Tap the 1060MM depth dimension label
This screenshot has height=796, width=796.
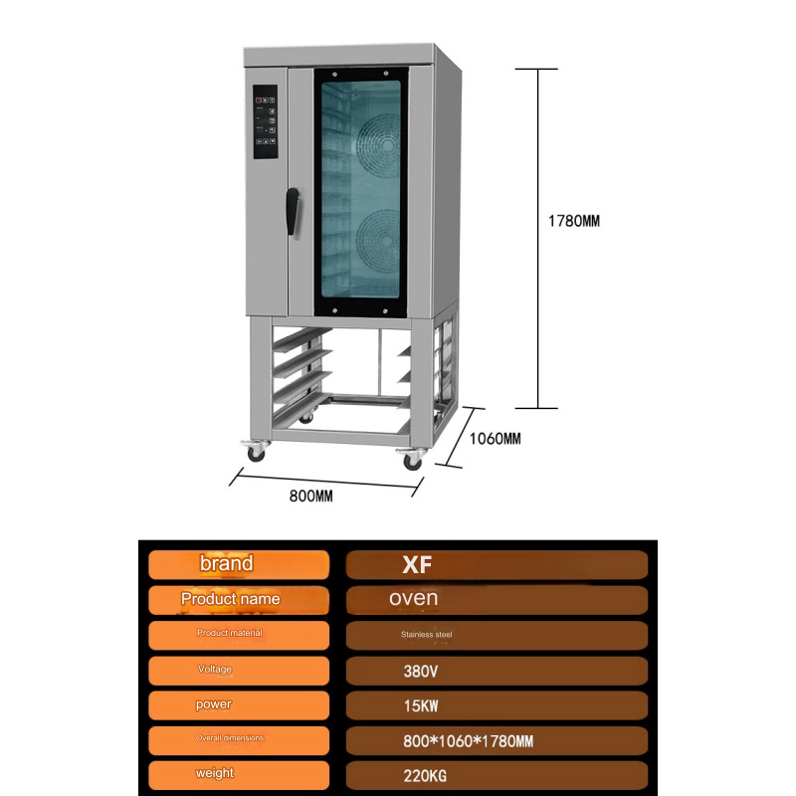[495, 439]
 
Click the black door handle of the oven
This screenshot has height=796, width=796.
[292, 211]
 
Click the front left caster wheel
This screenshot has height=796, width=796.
[255, 452]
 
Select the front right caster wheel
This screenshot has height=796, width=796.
[412, 461]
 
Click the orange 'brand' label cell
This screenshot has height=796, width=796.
[239, 564]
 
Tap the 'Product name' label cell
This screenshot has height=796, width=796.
[239, 600]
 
